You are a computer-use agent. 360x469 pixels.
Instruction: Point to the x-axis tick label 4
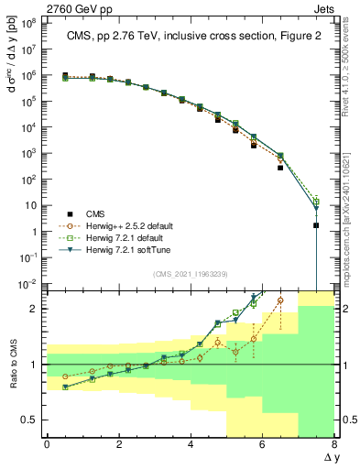(x=191, y=444)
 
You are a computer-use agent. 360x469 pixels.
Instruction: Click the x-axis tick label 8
(x=334, y=444)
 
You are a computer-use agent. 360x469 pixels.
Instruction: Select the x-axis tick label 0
(x=47, y=444)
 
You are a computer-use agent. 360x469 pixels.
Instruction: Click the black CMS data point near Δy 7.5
(x=316, y=225)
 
